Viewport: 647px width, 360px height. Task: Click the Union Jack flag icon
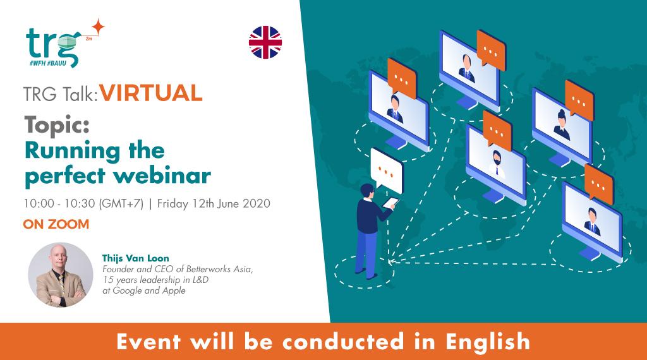click(265, 42)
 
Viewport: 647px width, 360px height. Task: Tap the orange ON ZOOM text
click(55, 224)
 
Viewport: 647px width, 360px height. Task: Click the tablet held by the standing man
click(393, 203)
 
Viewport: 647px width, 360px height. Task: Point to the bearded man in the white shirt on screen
click(497, 162)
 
